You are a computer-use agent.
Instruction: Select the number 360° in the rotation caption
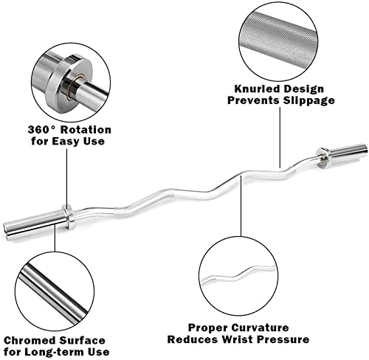click(42, 130)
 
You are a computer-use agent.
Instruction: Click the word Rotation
click(86, 130)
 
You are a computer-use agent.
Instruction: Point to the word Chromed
click(30, 340)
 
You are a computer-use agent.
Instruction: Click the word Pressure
click(283, 339)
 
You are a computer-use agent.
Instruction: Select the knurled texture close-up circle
click(278, 41)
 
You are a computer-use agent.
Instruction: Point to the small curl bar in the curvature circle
click(238, 274)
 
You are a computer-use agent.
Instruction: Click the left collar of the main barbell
click(69, 217)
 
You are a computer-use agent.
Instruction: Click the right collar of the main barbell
click(323, 158)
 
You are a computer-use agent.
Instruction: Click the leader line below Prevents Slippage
click(280, 137)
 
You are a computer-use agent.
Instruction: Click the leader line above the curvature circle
click(241, 204)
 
